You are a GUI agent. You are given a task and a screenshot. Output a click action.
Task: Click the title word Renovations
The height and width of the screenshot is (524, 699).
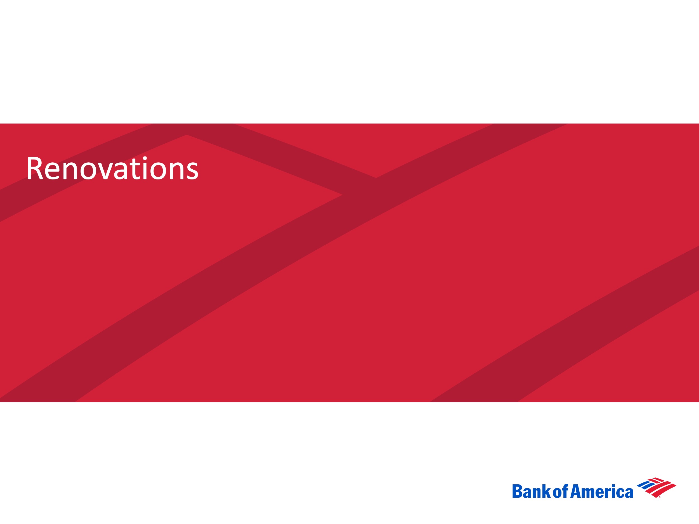(x=112, y=168)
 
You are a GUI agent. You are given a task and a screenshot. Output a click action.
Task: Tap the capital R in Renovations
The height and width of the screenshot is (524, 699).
(x=35, y=168)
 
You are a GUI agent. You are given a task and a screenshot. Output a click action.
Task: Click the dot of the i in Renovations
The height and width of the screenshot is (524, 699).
(x=145, y=158)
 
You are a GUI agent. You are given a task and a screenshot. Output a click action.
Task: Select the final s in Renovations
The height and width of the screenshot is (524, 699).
(x=192, y=172)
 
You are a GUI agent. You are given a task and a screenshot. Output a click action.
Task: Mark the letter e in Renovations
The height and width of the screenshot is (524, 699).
(x=53, y=172)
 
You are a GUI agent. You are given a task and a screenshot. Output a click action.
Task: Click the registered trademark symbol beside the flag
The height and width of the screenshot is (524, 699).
(x=660, y=497)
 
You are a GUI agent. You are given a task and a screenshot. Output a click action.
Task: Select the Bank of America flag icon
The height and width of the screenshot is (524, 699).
(x=656, y=488)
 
